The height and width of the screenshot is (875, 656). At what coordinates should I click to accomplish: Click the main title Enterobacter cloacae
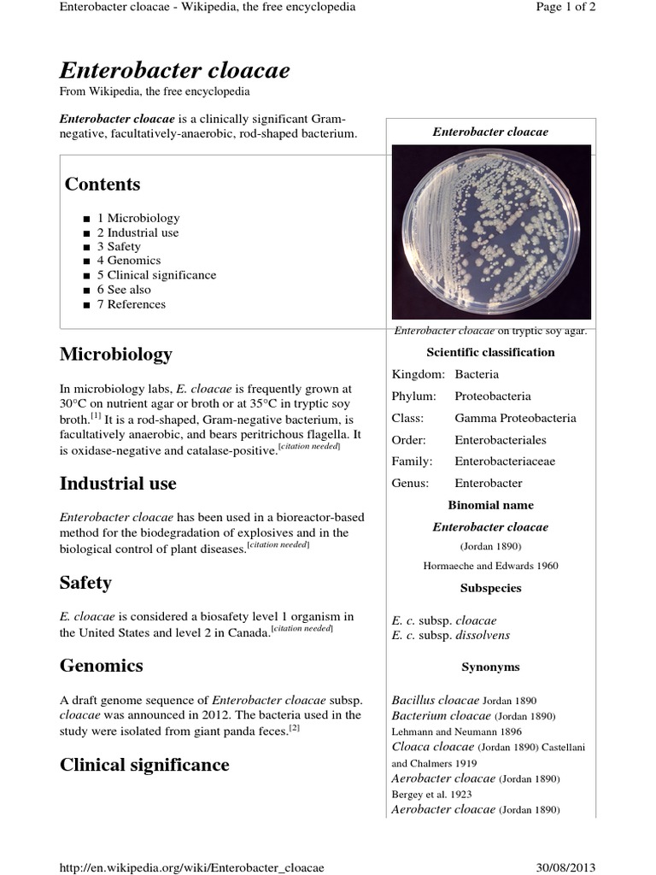click(174, 70)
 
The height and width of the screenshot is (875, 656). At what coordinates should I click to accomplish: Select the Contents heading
click(102, 185)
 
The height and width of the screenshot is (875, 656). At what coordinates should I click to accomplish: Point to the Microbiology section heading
click(115, 354)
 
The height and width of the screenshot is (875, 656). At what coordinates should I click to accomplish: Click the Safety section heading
click(85, 583)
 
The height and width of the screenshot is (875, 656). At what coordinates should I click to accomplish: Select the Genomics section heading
click(101, 665)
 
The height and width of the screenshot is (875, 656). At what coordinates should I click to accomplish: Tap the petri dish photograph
click(490, 232)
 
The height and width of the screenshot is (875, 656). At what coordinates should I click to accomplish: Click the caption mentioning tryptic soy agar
click(490, 331)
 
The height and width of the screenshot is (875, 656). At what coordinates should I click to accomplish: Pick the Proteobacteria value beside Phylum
click(492, 396)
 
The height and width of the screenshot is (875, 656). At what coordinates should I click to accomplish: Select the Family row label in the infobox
click(412, 461)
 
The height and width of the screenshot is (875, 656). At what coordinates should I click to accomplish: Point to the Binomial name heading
click(490, 505)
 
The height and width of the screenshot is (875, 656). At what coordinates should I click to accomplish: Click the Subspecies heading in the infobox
click(490, 588)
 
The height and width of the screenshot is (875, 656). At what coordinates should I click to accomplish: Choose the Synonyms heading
click(490, 667)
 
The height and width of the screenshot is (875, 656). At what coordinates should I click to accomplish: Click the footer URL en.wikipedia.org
click(191, 868)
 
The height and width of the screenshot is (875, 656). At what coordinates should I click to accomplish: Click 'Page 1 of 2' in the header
click(565, 7)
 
